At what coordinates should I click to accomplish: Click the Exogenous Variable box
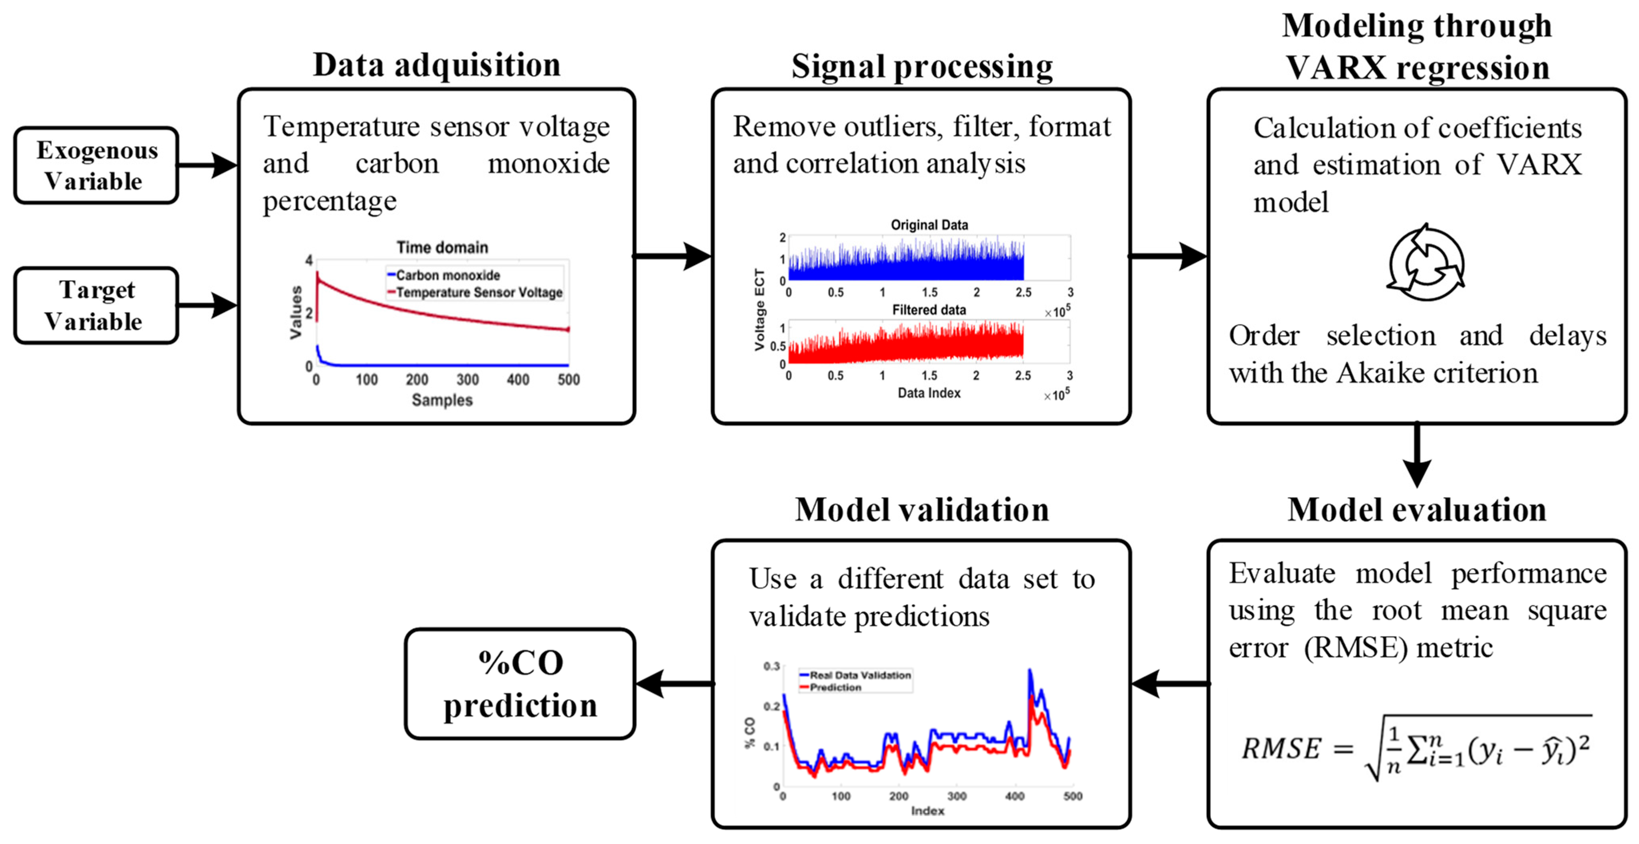point(96,165)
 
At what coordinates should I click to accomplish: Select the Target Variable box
point(96,305)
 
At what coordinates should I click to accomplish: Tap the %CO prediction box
point(520,684)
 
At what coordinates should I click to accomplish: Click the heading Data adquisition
point(437,65)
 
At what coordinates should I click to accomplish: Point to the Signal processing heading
point(921,66)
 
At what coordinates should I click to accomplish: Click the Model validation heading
point(921,510)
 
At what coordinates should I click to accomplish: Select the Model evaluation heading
point(1417,510)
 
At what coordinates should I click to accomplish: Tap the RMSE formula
point(1416,748)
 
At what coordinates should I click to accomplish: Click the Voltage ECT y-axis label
point(759,309)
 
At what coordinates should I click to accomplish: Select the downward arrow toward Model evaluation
point(1417,455)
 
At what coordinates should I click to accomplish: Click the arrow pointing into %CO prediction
point(674,684)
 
